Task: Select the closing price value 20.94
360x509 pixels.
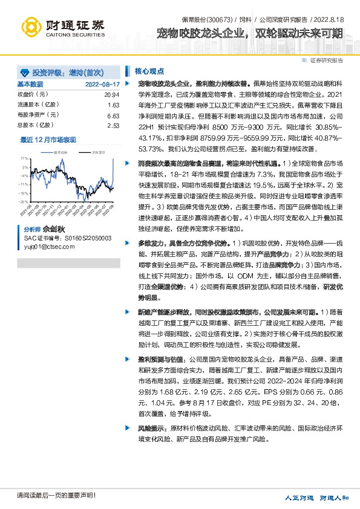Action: click(112, 95)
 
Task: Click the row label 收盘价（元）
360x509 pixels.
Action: click(33, 95)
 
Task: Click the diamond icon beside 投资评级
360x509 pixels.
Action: click(24, 71)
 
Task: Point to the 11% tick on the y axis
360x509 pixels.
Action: click(24, 160)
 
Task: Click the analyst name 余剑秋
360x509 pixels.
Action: click(52, 230)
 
